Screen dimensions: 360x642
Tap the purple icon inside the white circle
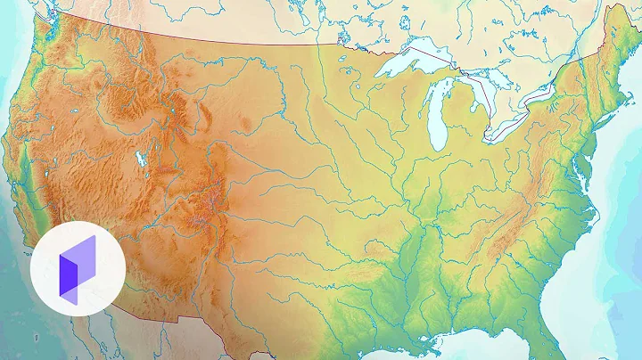77,265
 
